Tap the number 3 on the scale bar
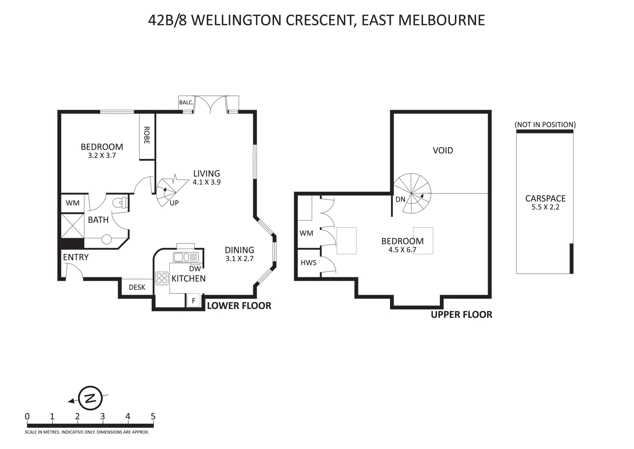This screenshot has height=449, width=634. (x=102, y=416)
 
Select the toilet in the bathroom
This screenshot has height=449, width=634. (x=121, y=203)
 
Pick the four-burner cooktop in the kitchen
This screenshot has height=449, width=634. (x=161, y=278)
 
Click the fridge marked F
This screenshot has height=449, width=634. (x=193, y=300)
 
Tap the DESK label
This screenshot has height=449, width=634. (x=137, y=287)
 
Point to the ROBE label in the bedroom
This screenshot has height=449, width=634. (x=146, y=136)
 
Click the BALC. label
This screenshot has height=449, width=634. (x=186, y=102)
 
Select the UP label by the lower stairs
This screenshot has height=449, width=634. (x=174, y=203)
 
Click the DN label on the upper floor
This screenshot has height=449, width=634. (x=400, y=200)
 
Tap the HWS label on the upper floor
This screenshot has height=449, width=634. (x=308, y=263)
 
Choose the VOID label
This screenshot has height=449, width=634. (x=443, y=150)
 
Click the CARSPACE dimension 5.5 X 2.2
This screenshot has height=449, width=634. (x=545, y=207)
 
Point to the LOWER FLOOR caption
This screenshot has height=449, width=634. (x=239, y=306)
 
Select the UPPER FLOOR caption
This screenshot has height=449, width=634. (x=461, y=315)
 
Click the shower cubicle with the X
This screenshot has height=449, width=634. (x=73, y=226)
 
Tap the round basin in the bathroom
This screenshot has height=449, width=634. (x=107, y=239)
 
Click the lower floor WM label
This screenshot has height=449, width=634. (x=73, y=203)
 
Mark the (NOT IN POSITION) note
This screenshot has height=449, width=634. (x=545, y=124)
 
